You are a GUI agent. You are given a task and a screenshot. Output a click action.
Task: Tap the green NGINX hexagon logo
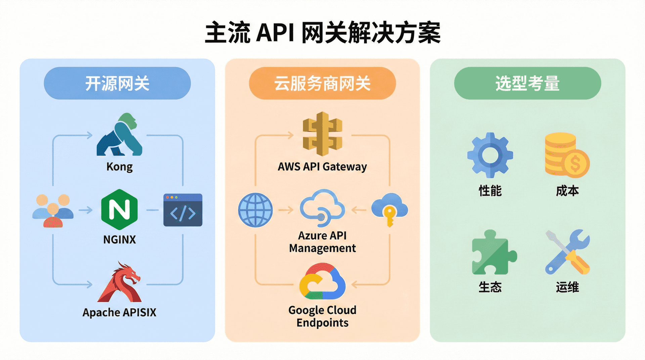119,210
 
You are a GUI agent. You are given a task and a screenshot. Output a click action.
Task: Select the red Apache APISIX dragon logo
120,283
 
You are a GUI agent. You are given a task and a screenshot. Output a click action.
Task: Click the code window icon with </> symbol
183,210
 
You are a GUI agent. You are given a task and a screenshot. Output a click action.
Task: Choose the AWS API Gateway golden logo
322,134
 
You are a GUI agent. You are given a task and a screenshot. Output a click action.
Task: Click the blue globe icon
255,210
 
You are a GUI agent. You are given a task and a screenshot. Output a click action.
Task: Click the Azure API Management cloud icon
322,208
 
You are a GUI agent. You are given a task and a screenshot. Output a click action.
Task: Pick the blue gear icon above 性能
490,155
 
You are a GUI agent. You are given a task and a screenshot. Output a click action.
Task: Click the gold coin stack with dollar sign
567,155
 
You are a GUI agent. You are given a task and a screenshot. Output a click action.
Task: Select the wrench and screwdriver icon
567,252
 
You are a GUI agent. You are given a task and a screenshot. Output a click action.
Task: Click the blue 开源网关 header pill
117,83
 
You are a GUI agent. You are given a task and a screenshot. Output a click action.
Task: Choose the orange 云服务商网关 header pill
322,83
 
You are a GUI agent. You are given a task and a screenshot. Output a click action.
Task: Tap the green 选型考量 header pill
527,83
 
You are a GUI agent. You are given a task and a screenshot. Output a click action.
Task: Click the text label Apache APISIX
120,312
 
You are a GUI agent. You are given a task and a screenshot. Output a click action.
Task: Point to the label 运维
567,287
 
